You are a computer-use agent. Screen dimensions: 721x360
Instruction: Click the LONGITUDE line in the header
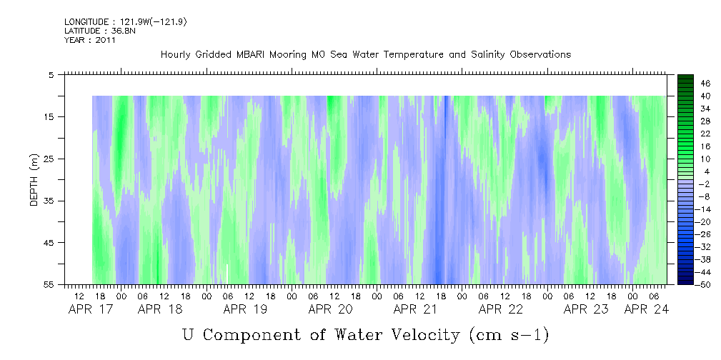126,22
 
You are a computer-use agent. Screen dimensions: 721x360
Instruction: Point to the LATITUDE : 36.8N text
100,31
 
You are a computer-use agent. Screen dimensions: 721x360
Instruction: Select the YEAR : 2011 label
89,40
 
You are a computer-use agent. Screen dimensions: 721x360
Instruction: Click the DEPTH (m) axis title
34,180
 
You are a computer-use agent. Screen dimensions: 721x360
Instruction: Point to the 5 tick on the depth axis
51,75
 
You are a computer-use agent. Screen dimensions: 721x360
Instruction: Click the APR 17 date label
91,309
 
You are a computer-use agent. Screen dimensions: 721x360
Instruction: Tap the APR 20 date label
331,309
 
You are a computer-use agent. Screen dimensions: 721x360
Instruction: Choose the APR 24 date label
646,309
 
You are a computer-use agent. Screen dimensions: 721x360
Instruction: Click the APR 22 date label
501,309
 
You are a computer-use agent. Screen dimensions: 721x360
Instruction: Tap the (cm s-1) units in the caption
509,335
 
